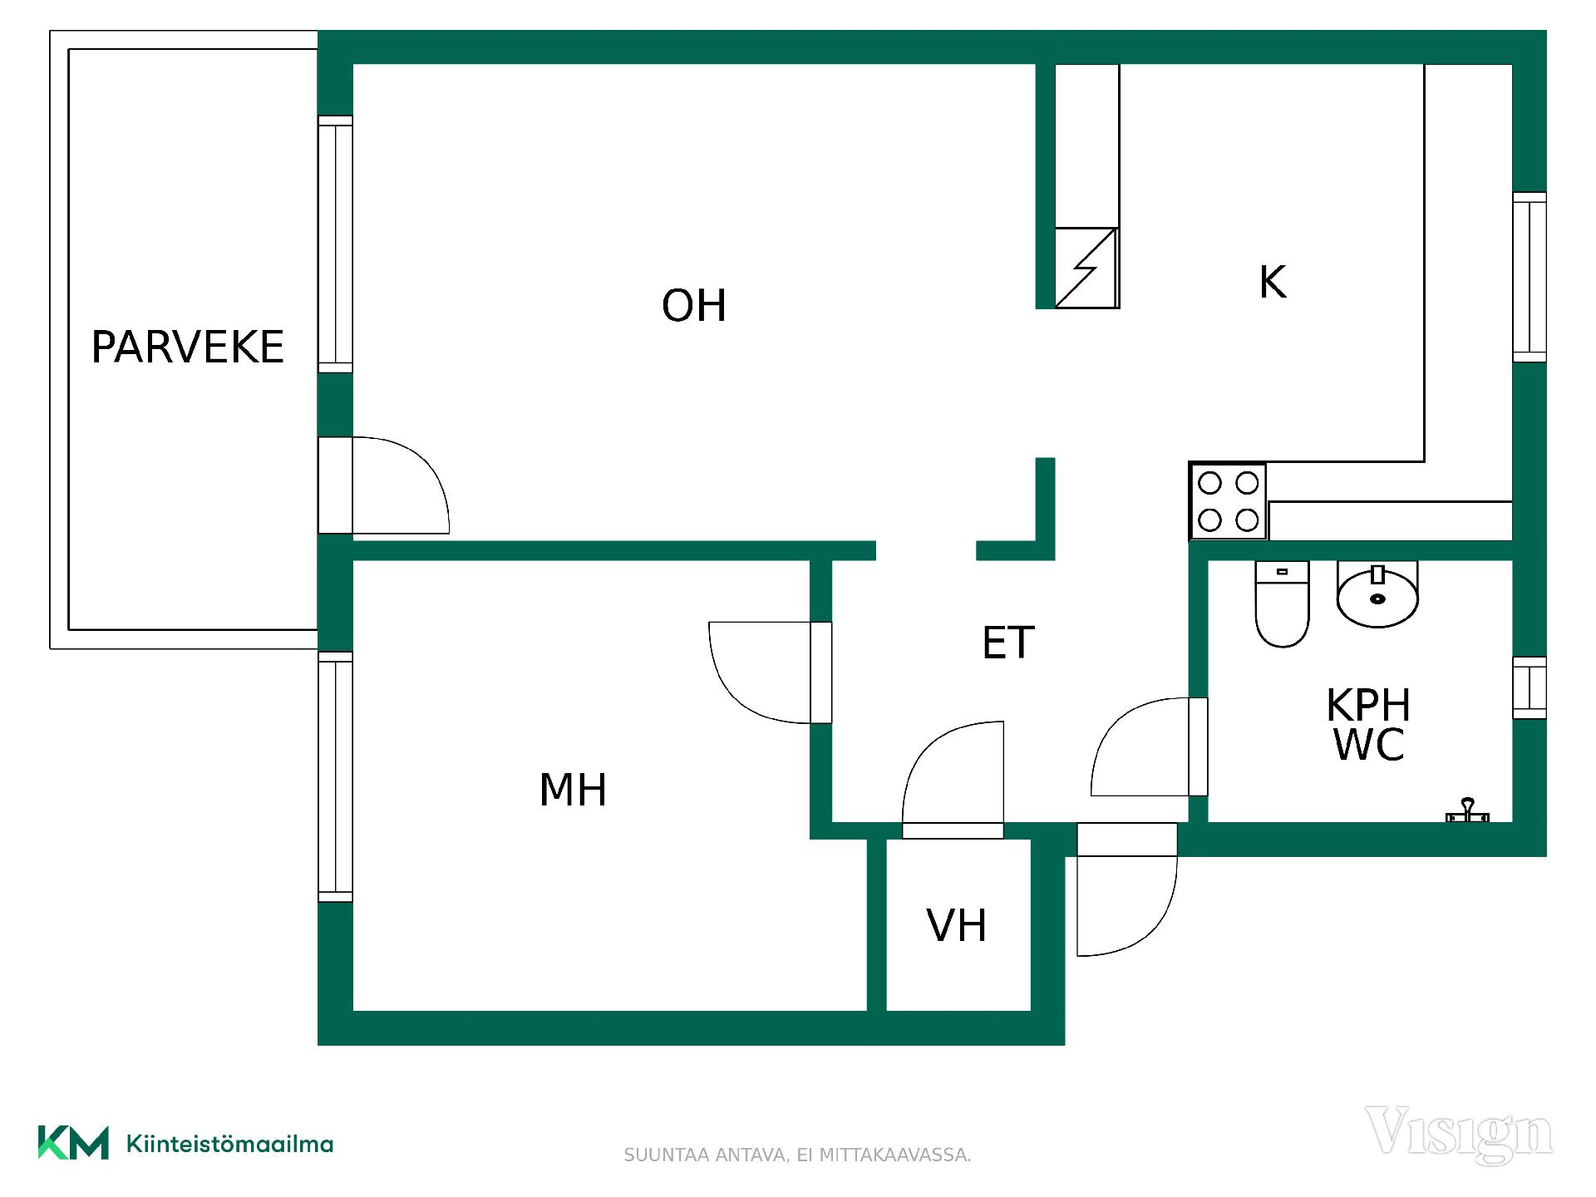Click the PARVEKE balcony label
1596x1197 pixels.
point(187,347)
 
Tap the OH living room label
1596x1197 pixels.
point(694,305)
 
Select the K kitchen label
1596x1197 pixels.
point(1273,282)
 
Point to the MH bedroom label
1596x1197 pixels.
point(573,790)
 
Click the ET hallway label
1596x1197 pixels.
point(1008,643)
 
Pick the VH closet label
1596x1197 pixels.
point(957,925)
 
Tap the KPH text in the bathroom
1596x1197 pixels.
point(1368,706)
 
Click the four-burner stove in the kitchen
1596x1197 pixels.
point(1229,501)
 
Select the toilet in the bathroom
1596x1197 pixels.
point(1282,603)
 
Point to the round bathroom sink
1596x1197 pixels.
point(1377,594)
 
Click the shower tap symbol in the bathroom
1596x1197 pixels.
point(1468,811)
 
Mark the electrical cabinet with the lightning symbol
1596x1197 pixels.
point(1086,268)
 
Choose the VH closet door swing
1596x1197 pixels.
point(953,772)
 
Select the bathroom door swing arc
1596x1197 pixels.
point(1140,746)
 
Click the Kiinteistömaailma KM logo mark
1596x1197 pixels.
point(73,1143)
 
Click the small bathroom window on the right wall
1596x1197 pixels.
point(1529,687)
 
